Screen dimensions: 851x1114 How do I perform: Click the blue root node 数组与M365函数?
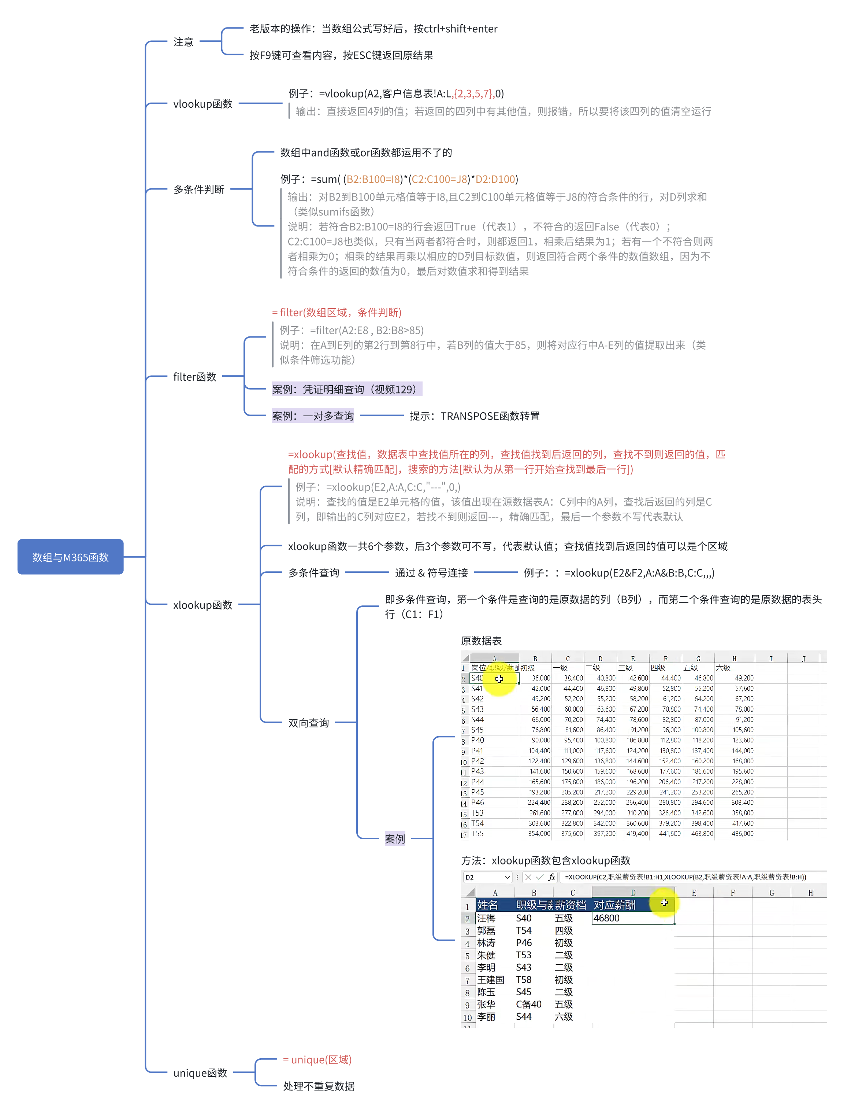pos(70,557)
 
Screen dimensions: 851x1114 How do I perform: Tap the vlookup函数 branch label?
pos(202,104)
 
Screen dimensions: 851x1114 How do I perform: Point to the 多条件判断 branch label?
pos(198,189)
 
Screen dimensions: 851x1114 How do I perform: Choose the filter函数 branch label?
pos(194,377)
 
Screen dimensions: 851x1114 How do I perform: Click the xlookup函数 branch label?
pos(202,605)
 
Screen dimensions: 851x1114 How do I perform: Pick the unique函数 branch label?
pos(200,1073)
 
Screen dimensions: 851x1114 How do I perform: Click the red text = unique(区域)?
pos(317,1059)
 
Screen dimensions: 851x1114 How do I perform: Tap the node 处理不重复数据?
pos(319,1086)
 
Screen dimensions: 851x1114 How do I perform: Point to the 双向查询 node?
pos(308,723)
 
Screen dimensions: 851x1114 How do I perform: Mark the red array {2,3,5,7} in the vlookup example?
pos(473,94)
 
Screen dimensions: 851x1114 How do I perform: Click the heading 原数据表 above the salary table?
pos(481,641)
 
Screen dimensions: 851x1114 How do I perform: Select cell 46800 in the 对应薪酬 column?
pos(606,918)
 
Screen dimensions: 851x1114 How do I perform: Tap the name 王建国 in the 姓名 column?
pos(490,980)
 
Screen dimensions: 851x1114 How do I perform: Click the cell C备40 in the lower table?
pos(528,1004)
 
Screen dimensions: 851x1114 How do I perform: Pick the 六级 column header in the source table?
pos(723,668)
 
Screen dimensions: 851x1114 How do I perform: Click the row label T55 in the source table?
pos(477,834)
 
